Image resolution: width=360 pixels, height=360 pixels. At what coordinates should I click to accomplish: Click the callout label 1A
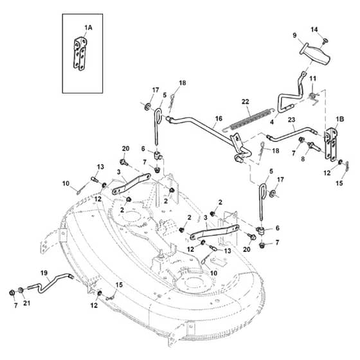click(x=89, y=28)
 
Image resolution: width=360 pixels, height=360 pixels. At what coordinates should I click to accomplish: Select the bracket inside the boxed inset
click(x=80, y=53)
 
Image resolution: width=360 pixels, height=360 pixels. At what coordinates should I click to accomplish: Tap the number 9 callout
click(x=295, y=35)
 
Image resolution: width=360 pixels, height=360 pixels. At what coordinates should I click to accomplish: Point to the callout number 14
click(x=314, y=30)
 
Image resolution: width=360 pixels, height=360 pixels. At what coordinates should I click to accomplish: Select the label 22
click(x=245, y=102)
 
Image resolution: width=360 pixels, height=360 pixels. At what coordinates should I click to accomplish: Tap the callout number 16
click(x=219, y=118)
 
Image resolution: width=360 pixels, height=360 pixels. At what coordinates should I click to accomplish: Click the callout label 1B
click(x=340, y=119)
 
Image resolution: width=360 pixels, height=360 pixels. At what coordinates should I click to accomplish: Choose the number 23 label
click(x=291, y=120)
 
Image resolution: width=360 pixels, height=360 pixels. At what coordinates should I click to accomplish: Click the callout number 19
click(x=44, y=273)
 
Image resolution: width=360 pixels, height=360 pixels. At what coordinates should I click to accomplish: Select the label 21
click(x=27, y=303)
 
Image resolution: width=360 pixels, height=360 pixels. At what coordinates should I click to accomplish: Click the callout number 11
click(x=313, y=78)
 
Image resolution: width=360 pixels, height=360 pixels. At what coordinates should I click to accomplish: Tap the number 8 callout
click(x=303, y=159)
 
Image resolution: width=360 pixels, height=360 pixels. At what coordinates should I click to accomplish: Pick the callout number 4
click(x=272, y=122)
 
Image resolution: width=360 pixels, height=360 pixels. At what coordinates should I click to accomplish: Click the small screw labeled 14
click(x=325, y=41)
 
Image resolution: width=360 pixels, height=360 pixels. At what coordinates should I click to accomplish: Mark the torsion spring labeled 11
click(x=313, y=96)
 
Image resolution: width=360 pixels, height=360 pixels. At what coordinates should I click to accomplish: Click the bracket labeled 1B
click(x=331, y=144)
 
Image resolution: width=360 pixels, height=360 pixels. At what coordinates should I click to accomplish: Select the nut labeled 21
click(x=21, y=290)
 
